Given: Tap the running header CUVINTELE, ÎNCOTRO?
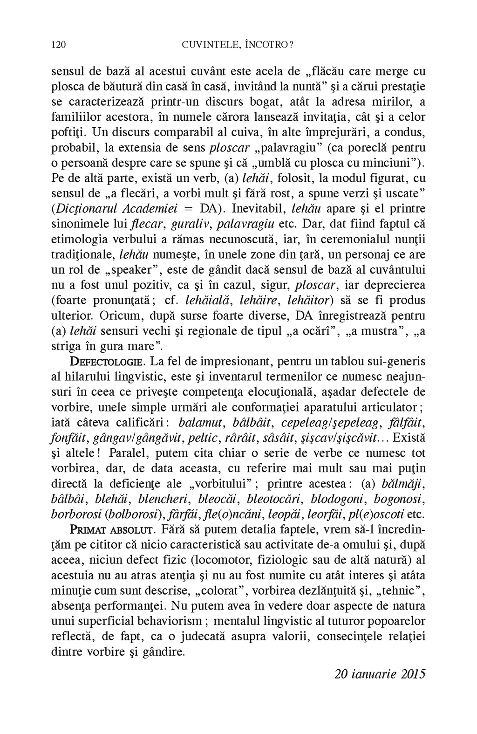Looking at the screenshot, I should (x=238, y=45).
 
